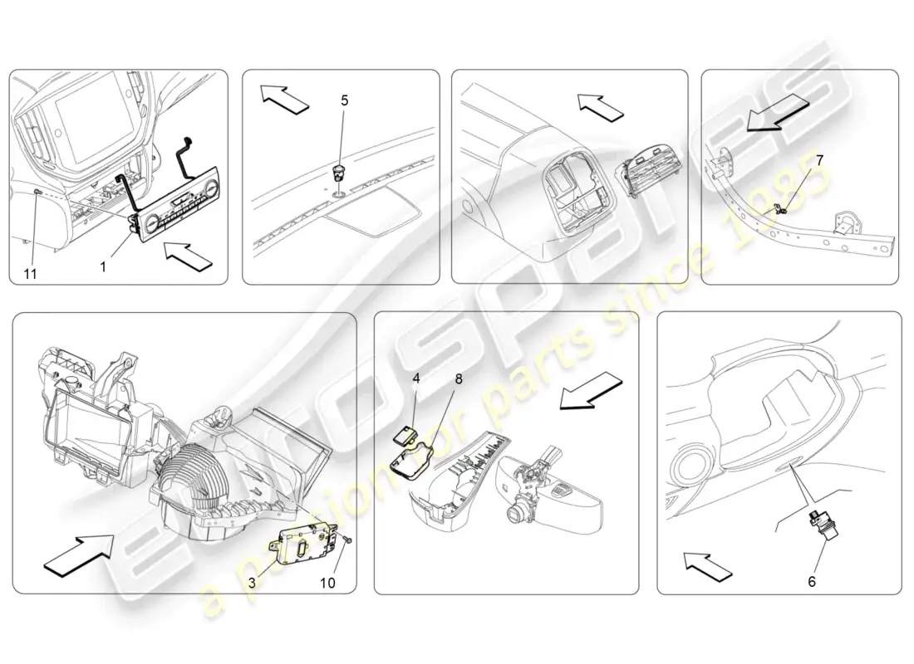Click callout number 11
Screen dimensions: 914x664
(x=30, y=273)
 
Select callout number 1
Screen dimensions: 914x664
(x=103, y=266)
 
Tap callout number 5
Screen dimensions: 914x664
(x=345, y=100)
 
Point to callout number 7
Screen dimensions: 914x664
(x=819, y=159)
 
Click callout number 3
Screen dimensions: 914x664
(x=252, y=583)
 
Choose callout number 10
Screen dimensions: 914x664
(x=327, y=583)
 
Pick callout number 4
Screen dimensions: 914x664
(x=416, y=378)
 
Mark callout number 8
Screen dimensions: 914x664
(x=459, y=379)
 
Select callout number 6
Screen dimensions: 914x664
(x=812, y=581)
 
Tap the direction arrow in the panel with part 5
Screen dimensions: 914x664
(x=284, y=98)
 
